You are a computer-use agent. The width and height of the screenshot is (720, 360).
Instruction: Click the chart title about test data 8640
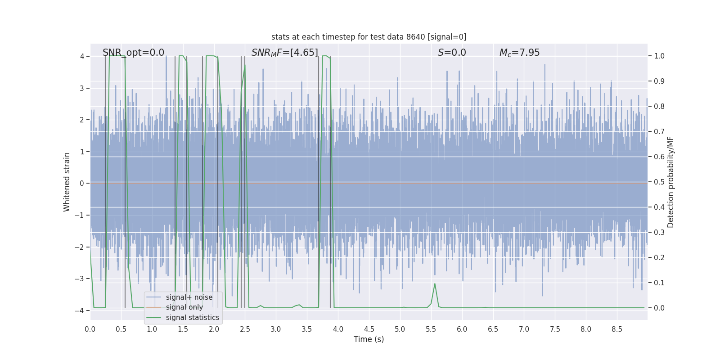click(369, 37)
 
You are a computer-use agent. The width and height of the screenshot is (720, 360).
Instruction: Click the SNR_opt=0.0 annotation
click(133, 53)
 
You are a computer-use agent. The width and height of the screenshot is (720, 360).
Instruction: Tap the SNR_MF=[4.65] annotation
click(284, 53)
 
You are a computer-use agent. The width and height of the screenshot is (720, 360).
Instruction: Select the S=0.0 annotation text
click(452, 53)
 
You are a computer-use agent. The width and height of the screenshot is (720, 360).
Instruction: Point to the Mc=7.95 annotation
click(519, 53)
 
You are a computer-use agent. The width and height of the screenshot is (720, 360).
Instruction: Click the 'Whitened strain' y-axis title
click(67, 182)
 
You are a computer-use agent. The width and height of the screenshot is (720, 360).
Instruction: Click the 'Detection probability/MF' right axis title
click(670, 182)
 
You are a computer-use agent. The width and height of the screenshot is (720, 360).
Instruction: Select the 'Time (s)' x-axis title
click(369, 339)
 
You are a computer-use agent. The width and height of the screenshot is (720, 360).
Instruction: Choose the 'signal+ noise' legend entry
click(189, 297)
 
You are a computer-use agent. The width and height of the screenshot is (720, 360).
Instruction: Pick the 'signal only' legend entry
click(184, 307)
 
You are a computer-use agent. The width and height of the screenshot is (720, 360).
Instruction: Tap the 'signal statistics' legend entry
click(192, 318)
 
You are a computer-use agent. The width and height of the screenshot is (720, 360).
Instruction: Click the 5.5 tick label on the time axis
click(431, 329)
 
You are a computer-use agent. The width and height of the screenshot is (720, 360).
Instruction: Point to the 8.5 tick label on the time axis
click(616, 329)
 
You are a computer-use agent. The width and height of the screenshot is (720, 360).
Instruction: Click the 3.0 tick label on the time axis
click(276, 329)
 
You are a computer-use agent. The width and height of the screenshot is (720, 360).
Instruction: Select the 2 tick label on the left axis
click(82, 120)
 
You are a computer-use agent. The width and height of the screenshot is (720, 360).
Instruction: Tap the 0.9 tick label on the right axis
click(659, 81)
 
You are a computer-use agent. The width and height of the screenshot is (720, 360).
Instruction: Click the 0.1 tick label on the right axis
click(659, 283)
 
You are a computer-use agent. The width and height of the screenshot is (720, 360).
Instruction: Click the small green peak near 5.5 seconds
click(435, 284)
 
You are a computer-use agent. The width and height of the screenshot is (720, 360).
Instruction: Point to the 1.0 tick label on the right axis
click(659, 56)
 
